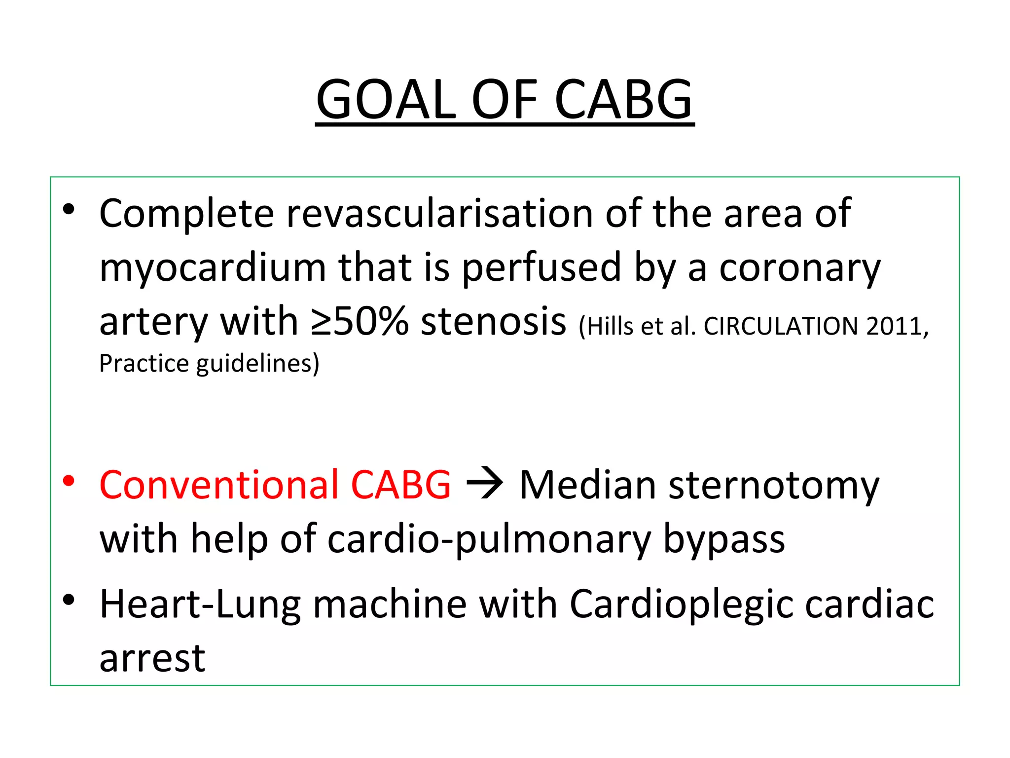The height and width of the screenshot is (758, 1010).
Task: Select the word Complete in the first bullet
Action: point(186,214)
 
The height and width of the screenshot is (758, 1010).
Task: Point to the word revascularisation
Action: point(440,214)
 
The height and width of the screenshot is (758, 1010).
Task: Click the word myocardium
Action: point(213,268)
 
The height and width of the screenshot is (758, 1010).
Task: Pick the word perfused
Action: point(541,268)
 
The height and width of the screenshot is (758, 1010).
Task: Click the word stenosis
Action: point(493,322)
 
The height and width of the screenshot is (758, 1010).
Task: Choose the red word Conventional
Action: point(219,485)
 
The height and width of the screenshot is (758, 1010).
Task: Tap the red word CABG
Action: point(400,485)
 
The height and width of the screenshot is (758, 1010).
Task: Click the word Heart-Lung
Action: point(200,605)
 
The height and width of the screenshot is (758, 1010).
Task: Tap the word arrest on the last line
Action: point(152,658)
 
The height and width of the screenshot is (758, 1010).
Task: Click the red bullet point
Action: point(69,481)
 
